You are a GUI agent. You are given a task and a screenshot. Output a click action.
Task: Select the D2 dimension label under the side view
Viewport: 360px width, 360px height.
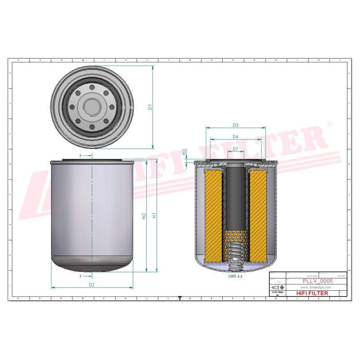(91, 285)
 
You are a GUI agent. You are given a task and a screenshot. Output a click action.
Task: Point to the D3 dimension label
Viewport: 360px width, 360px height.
(235, 125)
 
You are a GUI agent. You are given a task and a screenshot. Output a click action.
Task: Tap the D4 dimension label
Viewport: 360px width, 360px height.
(235, 137)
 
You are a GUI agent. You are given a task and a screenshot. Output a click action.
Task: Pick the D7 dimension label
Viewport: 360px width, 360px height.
(235, 149)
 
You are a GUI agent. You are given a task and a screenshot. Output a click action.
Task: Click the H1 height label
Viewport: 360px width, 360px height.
(154, 216)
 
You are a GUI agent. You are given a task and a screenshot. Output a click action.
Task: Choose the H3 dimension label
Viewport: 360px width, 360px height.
(184, 153)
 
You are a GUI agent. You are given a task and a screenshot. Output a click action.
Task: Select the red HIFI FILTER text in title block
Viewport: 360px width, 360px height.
(312, 293)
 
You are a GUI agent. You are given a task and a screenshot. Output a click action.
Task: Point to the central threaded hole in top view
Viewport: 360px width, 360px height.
(92, 107)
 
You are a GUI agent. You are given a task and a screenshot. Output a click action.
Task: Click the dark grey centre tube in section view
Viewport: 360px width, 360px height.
(236, 198)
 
